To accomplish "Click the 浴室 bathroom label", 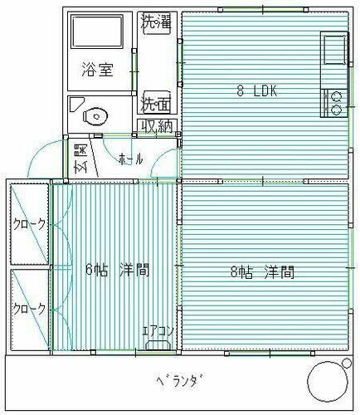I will tap(97, 70).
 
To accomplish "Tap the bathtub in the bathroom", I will tap(98, 33).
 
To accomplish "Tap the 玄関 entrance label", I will tap(80, 158).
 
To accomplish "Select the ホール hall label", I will tap(131, 158).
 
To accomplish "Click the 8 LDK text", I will tap(256, 92).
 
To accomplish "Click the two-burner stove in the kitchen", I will tap(337, 102).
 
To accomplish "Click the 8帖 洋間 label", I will tap(262, 271).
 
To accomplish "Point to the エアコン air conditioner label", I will tap(158, 331).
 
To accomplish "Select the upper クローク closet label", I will tap(29, 224).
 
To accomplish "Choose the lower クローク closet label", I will tap(29, 307).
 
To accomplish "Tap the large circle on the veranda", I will tap(328, 384).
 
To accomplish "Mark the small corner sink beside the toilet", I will tap(77, 105).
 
